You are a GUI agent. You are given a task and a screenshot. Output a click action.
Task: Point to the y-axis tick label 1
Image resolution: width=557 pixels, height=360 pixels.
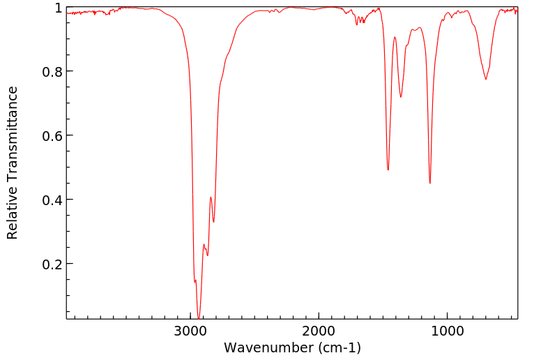[59, 8]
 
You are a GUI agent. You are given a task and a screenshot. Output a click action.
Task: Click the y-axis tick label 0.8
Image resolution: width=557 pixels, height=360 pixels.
[52, 72]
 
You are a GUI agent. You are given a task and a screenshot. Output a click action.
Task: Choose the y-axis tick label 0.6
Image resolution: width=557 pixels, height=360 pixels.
[52, 135]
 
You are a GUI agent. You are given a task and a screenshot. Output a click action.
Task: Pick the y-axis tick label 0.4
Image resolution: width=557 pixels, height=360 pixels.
[52, 200]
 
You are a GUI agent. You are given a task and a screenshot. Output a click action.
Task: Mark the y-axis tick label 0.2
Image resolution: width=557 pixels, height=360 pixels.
[52, 264]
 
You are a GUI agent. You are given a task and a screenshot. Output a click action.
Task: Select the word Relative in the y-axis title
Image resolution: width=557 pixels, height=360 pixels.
[13, 213]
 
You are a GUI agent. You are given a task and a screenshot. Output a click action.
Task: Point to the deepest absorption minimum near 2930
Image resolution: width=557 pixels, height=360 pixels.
[199, 318]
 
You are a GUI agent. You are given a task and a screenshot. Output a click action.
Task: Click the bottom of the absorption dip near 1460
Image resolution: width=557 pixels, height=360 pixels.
[388, 170]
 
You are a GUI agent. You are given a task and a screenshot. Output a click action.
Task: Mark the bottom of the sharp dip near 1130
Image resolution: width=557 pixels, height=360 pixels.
[430, 183]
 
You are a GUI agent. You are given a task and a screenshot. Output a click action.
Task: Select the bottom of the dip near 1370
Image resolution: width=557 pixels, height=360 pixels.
[401, 97]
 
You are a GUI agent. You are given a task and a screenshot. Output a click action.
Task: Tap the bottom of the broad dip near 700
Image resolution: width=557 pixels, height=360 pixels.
[486, 79]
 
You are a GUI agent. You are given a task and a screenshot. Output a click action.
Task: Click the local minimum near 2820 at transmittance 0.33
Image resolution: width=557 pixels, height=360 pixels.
[214, 222]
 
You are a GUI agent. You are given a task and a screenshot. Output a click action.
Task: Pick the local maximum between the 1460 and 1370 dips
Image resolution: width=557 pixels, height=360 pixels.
[395, 38]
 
